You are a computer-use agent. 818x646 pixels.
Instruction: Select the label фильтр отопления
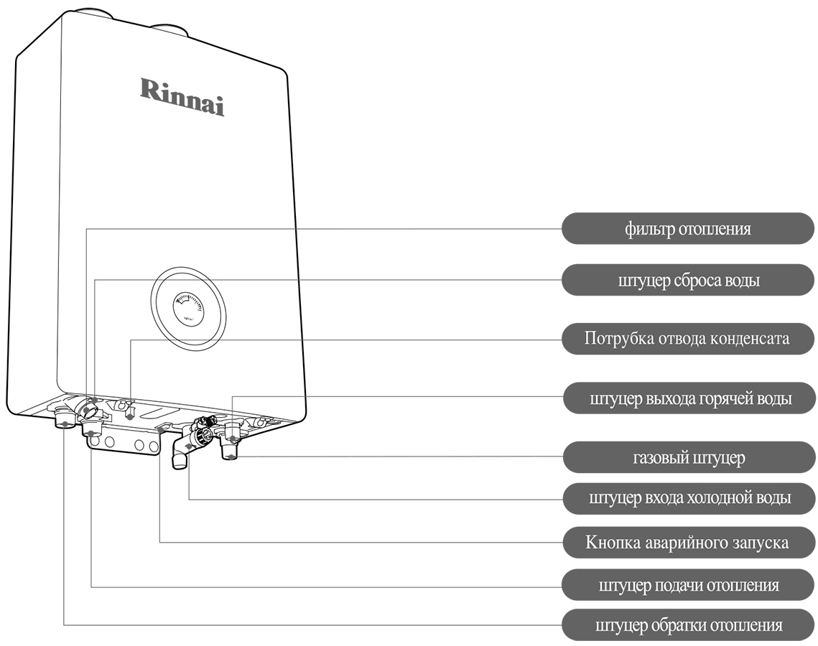tap(687, 229)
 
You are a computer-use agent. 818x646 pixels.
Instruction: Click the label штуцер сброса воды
tap(687, 281)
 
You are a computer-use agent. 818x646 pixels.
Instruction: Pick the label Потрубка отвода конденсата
tap(687, 338)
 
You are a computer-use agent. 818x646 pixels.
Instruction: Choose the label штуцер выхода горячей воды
tap(687, 398)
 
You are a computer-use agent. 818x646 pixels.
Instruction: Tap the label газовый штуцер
tap(687, 457)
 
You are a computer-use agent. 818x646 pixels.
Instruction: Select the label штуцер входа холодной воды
tap(687, 497)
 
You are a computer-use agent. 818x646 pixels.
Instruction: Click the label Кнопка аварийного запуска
tap(687, 542)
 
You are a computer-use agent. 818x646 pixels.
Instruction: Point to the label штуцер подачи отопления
tap(687, 585)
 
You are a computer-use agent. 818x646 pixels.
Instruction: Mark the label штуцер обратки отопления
tap(687, 625)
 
